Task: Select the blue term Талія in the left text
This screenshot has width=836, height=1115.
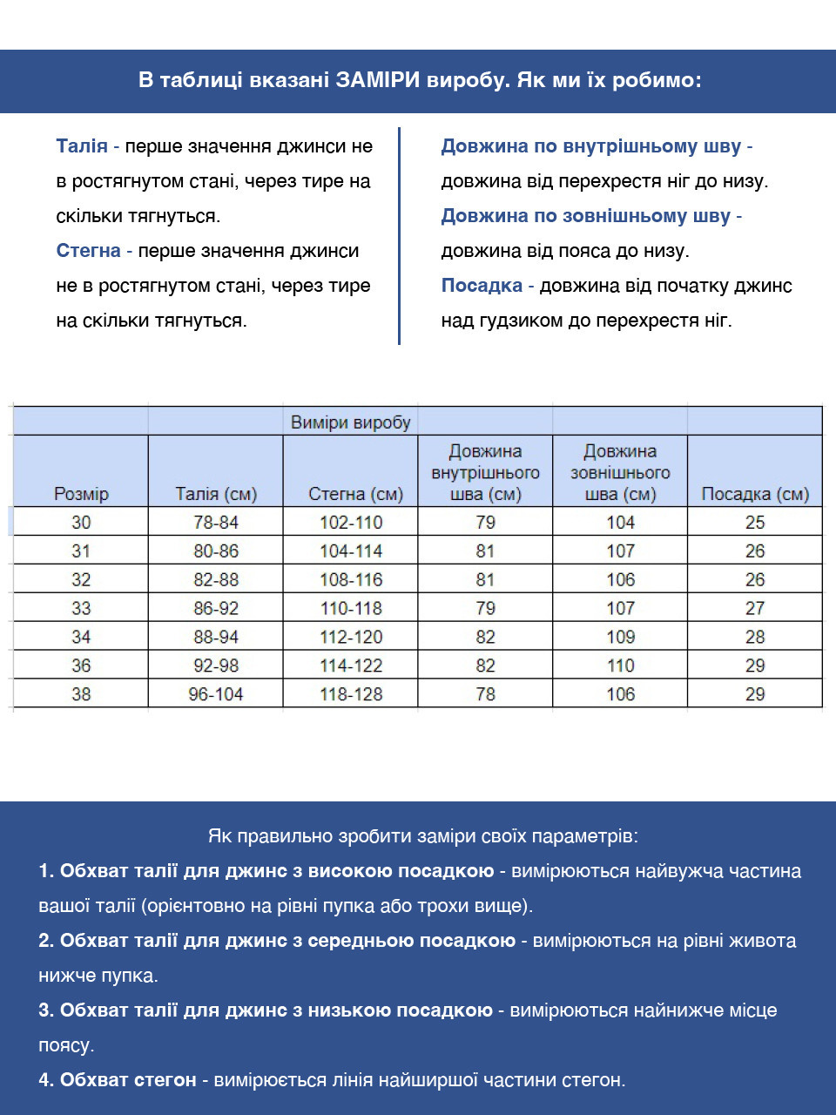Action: (x=82, y=146)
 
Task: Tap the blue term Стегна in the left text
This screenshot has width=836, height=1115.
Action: (x=88, y=251)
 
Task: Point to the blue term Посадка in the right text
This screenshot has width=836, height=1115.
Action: (x=482, y=286)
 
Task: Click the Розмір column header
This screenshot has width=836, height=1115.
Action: (x=81, y=494)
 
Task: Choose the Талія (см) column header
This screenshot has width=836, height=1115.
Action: (x=216, y=494)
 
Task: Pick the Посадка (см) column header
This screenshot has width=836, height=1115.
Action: (x=755, y=494)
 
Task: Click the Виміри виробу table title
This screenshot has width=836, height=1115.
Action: (x=350, y=422)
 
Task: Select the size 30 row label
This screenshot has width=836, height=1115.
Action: (x=81, y=523)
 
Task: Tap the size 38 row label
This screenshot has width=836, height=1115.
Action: (x=81, y=694)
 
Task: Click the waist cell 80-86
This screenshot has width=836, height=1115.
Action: (x=216, y=551)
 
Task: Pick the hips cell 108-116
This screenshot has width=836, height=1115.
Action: (x=351, y=580)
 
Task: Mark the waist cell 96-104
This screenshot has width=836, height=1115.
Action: (x=216, y=694)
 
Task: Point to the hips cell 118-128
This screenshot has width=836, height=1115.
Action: (x=351, y=694)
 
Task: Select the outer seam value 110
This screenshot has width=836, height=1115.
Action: (x=620, y=666)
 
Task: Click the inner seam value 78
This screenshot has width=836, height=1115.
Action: (x=485, y=694)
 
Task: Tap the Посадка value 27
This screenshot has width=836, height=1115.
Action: (x=755, y=608)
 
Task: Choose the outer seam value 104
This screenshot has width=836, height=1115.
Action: (x=620, y=523)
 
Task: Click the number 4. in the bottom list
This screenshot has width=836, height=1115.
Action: (x=46, y=1080)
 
